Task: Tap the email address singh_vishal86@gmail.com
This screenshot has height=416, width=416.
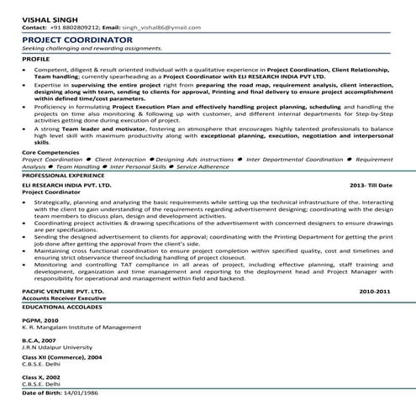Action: [x=156, y=27]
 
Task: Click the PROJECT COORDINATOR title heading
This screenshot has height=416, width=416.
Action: [x=77, y=39]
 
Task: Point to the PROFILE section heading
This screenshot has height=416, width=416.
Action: [x=36, y=61]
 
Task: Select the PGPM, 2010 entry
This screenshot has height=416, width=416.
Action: [x=40, y=320]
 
